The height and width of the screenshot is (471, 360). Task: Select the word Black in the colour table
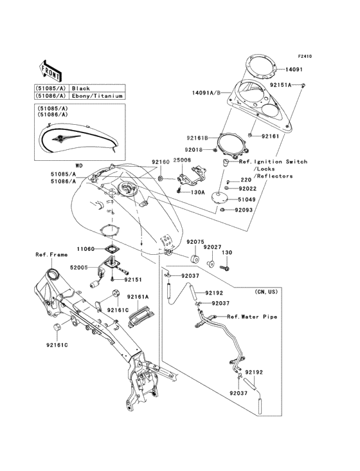click(80, 88)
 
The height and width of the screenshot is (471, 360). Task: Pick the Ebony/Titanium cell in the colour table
click(96, 96)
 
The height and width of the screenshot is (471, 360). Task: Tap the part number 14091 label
click(294, 68)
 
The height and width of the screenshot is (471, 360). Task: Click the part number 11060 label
click(86, 248)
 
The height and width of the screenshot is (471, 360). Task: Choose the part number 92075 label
click(195, 243)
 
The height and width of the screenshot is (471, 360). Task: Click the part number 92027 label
click(212, 246)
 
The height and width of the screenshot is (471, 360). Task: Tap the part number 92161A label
click(138, 297)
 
